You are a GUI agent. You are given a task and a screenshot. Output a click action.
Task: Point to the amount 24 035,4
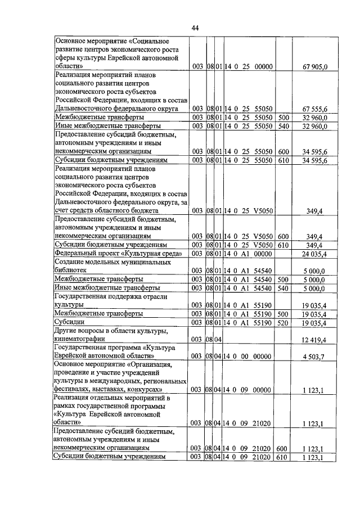click(x=318, y=254)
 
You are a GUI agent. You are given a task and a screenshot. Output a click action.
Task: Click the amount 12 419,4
click(x=318, y=339)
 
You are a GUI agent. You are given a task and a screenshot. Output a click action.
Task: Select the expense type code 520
click(x=283, y=322)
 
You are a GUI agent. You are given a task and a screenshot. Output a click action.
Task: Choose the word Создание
click(x=71, y=263)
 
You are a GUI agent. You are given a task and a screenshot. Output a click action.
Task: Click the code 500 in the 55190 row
click(x=283, y=313)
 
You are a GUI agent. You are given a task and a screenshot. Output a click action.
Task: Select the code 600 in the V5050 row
click(x=283, y=236)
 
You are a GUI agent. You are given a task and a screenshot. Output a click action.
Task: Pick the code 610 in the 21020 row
click(x=283, y=457)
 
